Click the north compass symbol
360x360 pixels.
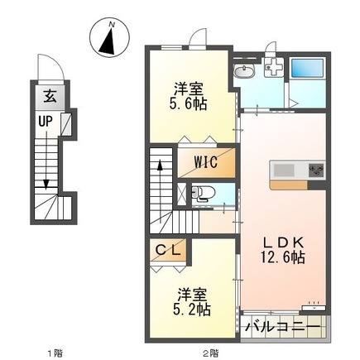110,37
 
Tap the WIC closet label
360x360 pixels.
206,162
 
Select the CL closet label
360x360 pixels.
168,250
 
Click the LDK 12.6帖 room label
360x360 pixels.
283,250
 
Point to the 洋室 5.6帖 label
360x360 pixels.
189,97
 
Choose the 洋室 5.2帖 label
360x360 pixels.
192,302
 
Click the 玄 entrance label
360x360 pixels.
50,97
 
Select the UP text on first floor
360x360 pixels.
46,122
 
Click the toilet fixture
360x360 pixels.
203,192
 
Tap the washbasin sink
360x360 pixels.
245,72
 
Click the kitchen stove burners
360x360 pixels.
316,170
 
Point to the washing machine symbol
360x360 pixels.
274,68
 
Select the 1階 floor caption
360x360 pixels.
55,353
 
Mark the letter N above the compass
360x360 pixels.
112,24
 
